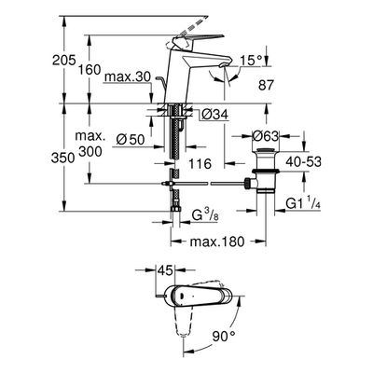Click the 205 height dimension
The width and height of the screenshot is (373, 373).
pyautogui.click(x=63, y=60)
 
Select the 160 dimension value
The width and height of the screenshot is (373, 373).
pyautogui.click(x=90, y=70)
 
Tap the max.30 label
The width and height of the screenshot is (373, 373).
pyautogui.click(x=128, y=76)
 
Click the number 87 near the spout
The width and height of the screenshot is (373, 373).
pyautogui.click(x=266, y=85)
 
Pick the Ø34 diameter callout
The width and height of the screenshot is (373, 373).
pyautogui.click(x=214, y=115)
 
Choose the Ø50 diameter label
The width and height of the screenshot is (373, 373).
pyautogui.click(x=131, y=140)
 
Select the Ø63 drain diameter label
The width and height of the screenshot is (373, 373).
pyautogui.click(x=265, y=136)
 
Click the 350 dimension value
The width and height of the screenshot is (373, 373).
pyautogui.click(x=63, y=159)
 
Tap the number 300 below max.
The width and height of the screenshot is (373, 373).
pyautogui.click(x=90, y=152)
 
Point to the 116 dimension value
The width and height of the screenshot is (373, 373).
pyautogui.click(x=200, y=163)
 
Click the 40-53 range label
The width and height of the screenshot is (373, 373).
pyautogui.click(x=303, y=161)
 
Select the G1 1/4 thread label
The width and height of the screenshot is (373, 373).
pyautogui.click(x=303, y=203)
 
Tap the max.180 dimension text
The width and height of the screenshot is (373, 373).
pyautogui.click(x=217, y=242)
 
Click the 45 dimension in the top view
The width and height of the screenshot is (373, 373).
pyautogui.click(x=165, y=270)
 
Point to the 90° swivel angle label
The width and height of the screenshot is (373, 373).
pyautogui.click(x=224, y=336)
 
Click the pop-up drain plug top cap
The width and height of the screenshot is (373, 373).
pyautogui.click(x=265, y=152)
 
